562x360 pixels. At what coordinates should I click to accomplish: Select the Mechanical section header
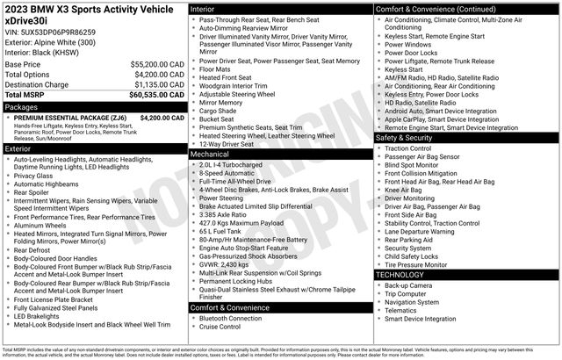(209, 153)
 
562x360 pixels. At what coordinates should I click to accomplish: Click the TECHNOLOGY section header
(400, 275)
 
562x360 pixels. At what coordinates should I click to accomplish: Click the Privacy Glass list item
(39, 176)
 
